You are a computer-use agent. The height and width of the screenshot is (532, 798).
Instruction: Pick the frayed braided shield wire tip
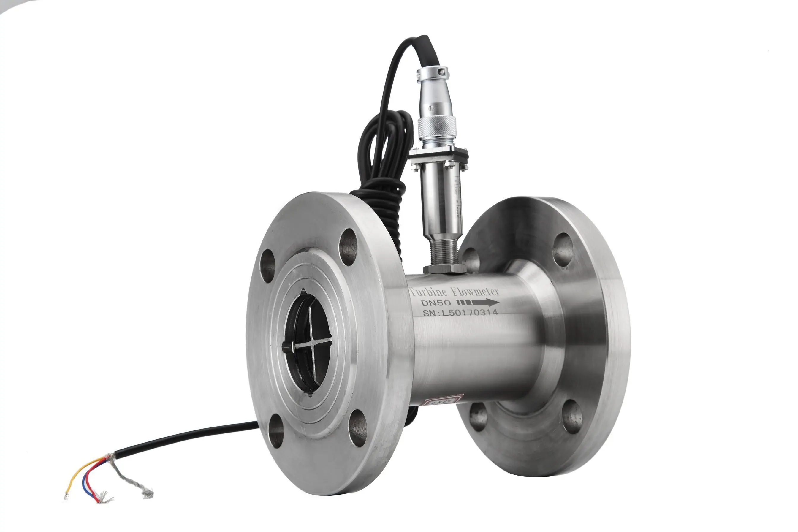point(148,494)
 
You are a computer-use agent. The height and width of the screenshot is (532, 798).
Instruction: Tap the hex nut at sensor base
point(444,269)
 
